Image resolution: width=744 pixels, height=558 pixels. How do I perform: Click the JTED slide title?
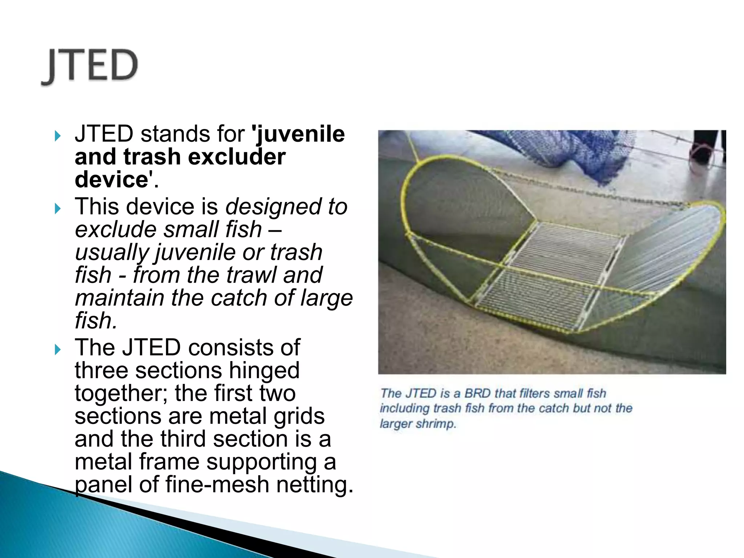pos(90,66)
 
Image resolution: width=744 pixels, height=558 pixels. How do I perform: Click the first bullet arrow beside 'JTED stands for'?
pos(57,136)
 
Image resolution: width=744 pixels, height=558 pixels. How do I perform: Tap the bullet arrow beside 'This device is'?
pos(57,209)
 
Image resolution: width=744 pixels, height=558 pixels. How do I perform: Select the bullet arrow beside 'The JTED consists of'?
pos(57,349)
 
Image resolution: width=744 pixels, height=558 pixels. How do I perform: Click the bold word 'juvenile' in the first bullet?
pos(300,134)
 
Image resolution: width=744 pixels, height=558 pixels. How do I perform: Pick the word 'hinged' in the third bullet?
pos(264,371)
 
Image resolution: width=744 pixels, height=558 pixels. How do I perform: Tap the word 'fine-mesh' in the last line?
pos(217,485)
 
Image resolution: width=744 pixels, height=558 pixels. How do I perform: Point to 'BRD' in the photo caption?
pos(478,393)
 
